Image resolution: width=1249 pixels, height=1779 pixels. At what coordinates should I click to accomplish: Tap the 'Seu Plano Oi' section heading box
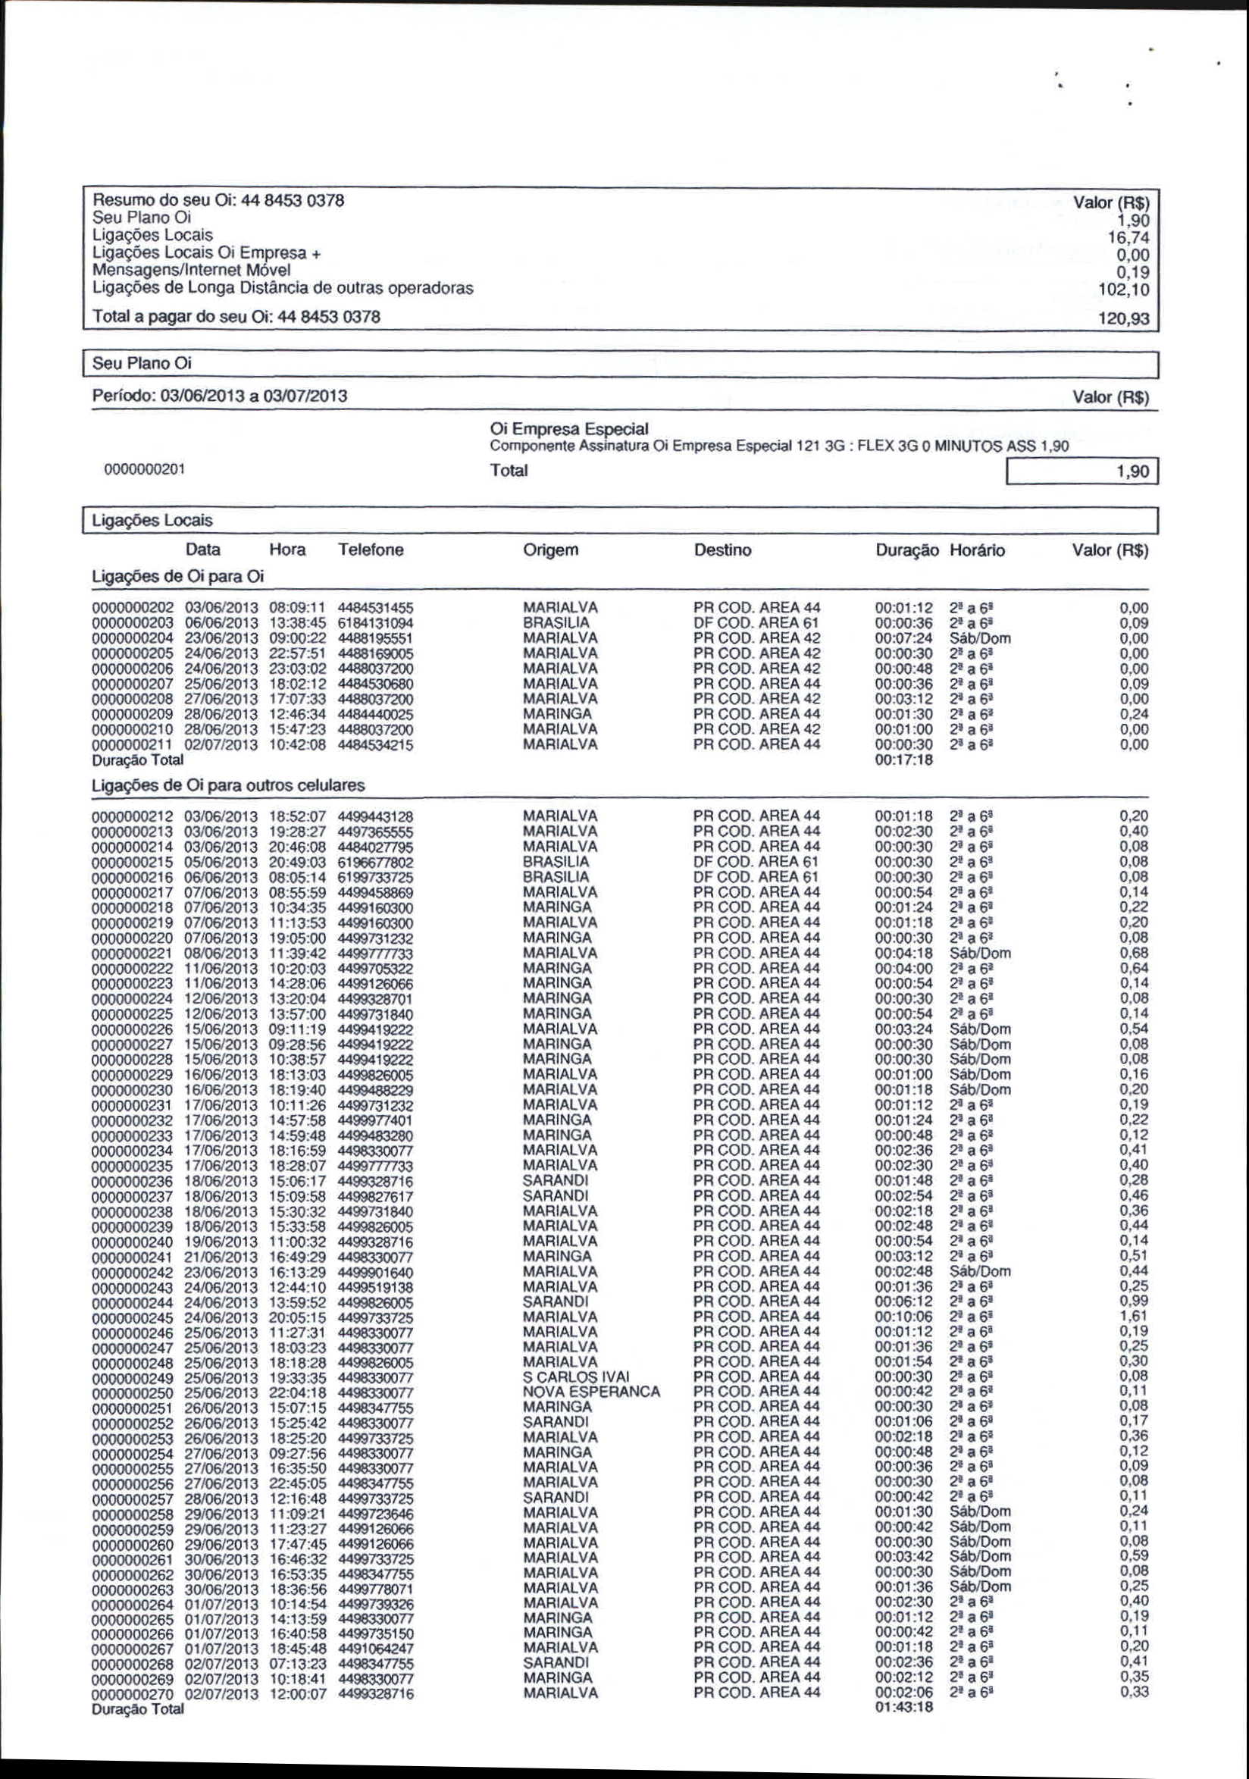coord(620,363)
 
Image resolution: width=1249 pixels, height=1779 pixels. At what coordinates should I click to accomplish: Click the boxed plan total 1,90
coord(1082,471)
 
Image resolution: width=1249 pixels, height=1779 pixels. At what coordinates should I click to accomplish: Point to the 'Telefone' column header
coord(371,550)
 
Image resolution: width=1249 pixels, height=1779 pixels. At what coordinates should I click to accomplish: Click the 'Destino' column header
coord(722,550)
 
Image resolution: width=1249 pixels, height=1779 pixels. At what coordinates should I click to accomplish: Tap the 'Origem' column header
coord(550,550)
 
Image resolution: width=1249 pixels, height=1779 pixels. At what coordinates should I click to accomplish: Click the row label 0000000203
coord(133,624)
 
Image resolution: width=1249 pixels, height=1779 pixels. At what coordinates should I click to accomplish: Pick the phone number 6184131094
coord(375,624)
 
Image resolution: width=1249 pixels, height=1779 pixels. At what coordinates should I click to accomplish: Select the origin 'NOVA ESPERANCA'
coord(591,1392)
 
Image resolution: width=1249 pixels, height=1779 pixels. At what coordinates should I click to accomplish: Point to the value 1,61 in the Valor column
coord(1135,1316)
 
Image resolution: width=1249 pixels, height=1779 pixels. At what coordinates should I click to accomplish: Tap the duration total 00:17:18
coord(904,760)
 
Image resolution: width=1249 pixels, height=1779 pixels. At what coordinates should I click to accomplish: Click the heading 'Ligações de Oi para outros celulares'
coord(228,786)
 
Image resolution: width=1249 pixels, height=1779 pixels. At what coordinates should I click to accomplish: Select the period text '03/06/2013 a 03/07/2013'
coord(253,396)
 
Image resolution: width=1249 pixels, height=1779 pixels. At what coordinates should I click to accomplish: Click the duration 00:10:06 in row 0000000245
coord(904,1317)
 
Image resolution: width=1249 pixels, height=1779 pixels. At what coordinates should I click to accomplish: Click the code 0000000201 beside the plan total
coord(144,469)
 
